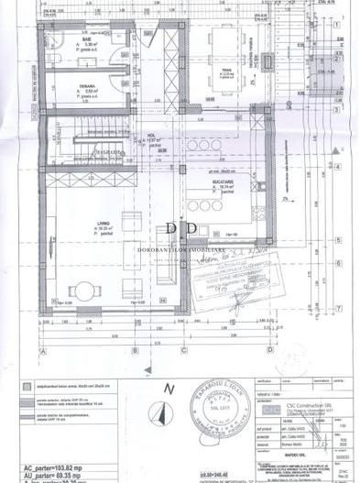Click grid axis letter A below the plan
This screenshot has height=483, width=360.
42,349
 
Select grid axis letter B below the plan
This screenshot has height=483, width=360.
135,349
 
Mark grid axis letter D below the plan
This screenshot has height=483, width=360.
268,349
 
